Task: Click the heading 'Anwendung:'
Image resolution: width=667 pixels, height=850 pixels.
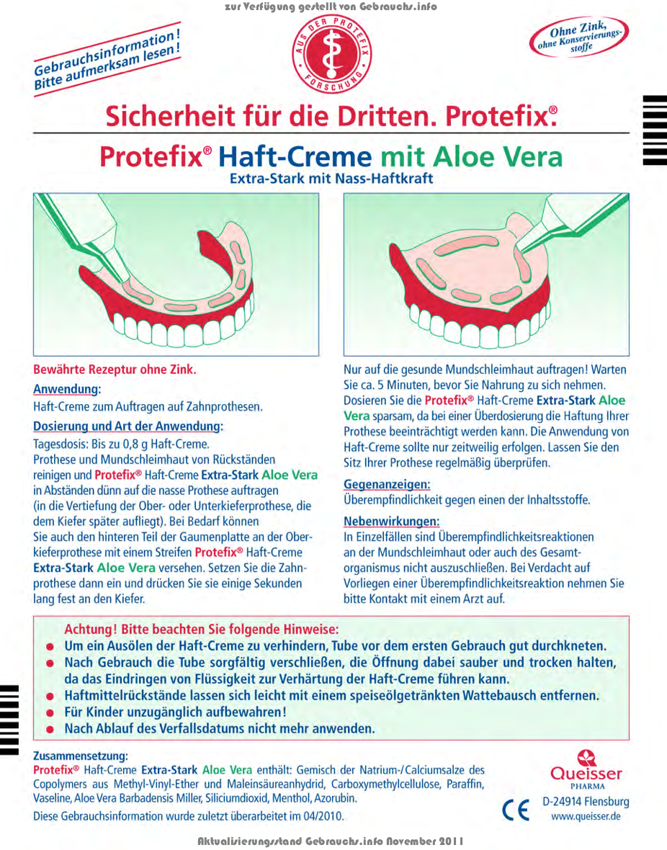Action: coord(67,389)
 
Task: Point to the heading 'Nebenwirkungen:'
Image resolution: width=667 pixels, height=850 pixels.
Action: coord(391,521)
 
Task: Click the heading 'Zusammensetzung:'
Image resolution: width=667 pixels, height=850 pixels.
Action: coord(81,756)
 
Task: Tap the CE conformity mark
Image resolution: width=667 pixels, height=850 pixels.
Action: coord(516,810)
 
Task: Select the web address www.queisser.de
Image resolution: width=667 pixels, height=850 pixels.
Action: coord(586,817)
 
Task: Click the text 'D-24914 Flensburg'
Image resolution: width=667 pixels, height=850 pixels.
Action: coord(586,802)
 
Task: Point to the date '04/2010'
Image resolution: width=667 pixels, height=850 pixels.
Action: coord(321,816)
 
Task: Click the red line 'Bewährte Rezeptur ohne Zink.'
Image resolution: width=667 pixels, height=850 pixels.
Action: coord(115,370)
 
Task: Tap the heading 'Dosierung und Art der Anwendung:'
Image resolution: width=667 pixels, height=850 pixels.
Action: coord(128,426)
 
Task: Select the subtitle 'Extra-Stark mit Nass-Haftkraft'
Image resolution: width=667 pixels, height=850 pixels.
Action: coord(331,179)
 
